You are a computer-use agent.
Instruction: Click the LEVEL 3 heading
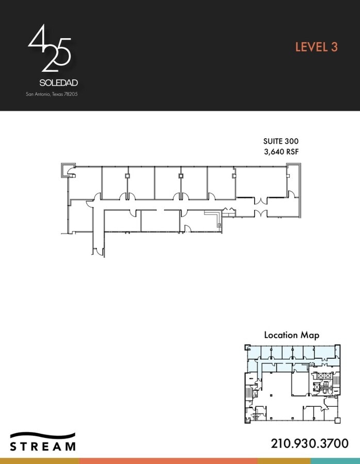point(316,47)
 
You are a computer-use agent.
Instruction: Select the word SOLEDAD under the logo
point(59,82)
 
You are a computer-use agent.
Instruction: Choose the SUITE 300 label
point(281,141)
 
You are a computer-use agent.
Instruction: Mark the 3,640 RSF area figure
point(281,152)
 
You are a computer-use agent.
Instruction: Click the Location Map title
point(291,335)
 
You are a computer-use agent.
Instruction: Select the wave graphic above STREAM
point(43,435)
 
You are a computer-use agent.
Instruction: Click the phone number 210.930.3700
point(309,443)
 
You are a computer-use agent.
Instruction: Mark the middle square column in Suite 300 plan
point(181,176)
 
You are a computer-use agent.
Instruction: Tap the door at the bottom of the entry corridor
point(98,252)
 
